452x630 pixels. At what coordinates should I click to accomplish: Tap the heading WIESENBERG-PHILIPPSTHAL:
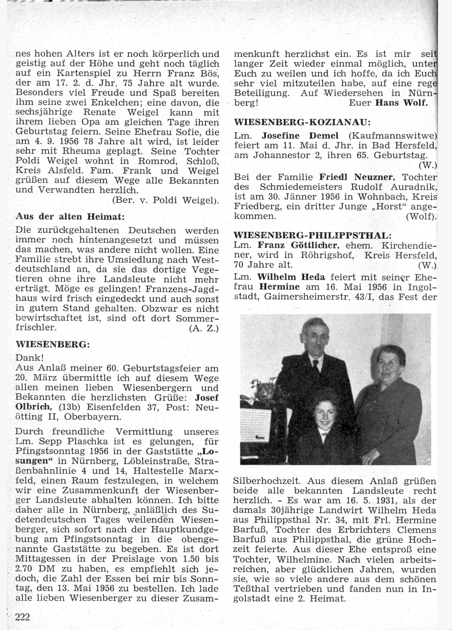point(312,235)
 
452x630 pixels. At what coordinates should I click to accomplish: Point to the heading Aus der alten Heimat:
point(70,216)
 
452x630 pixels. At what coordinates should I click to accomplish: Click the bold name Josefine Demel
point(300,136)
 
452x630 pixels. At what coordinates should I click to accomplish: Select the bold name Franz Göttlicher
point(298,245)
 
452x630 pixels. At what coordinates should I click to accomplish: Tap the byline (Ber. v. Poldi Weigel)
point(165,200)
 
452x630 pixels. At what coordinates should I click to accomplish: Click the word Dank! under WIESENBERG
point(29,357)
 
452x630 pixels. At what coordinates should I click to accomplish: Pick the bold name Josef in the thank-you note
point(206,398)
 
